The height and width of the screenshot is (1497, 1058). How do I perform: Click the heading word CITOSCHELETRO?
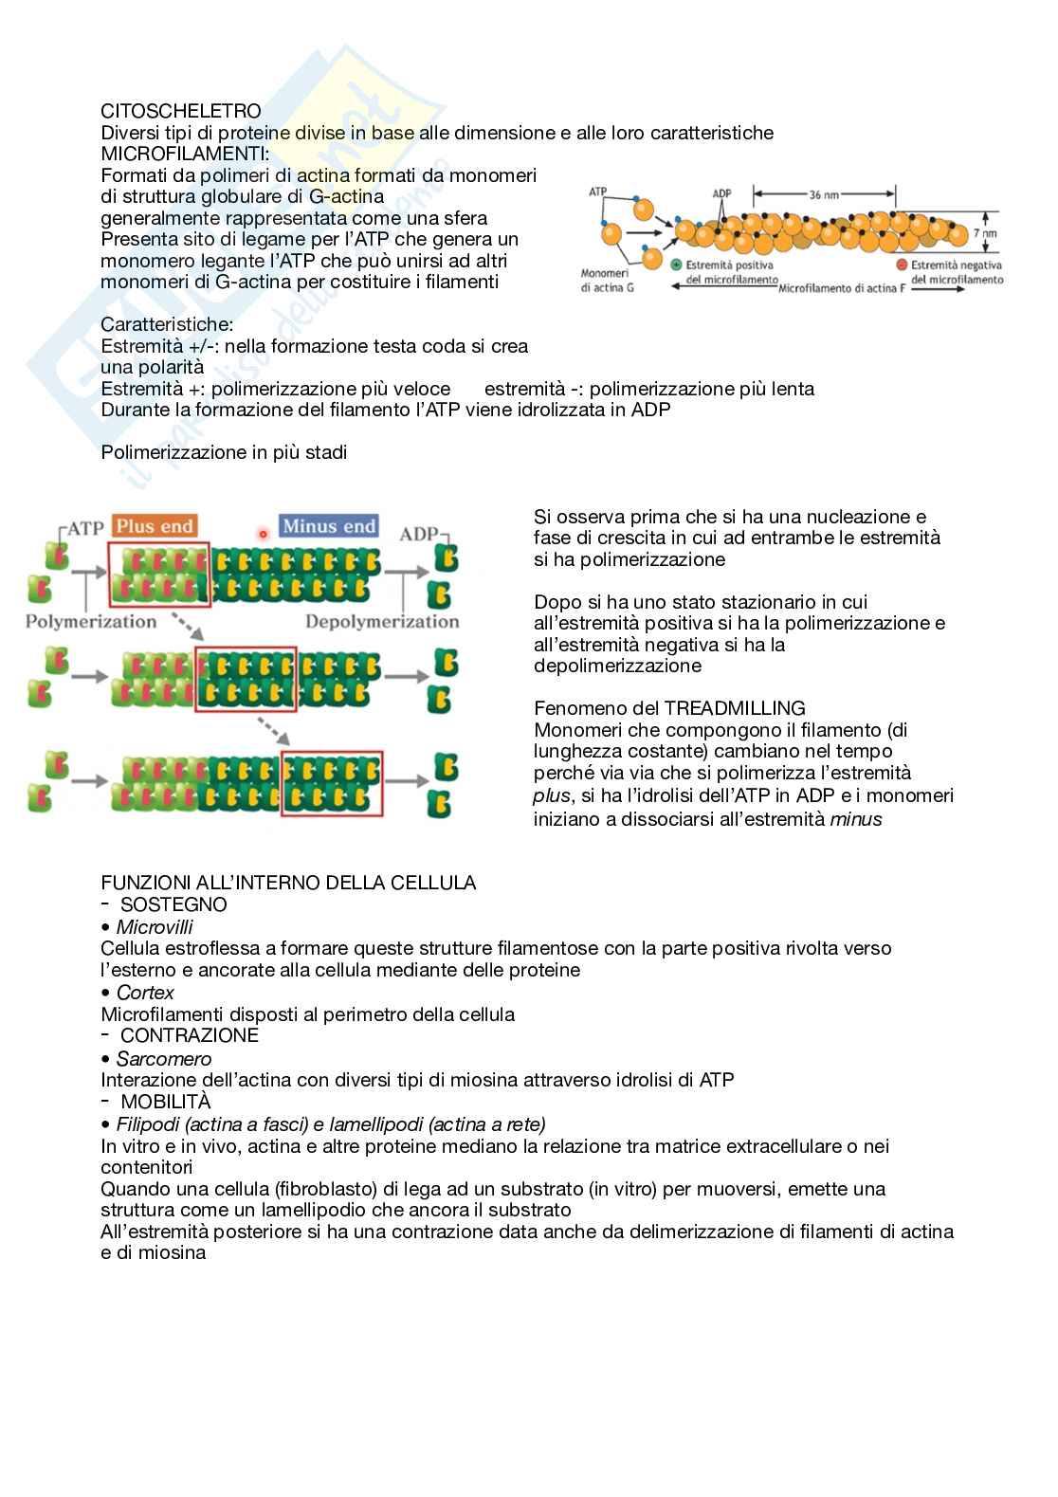point(181,112)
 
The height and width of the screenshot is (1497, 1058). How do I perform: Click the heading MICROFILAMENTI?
point(185,154)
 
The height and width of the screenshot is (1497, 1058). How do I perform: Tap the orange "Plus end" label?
point(155,526)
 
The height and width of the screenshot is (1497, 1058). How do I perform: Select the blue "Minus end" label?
point(329,526)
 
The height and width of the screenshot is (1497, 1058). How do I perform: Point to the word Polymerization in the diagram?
point(91,622)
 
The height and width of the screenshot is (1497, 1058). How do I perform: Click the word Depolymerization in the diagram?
point(382,622)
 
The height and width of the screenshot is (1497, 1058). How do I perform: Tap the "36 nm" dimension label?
point(824,194)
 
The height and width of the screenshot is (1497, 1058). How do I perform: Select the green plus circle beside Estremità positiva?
point(676,265)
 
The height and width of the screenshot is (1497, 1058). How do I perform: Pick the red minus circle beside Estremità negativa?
point(902,265)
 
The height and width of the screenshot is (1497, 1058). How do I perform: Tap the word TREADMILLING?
point(735,708)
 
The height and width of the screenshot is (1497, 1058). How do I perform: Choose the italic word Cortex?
point(145,993)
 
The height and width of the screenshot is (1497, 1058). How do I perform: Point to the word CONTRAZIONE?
point(190,1035)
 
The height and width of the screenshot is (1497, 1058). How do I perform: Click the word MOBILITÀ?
point(166,1102)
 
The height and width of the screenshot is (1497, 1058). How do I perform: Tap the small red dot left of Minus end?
point(263,534)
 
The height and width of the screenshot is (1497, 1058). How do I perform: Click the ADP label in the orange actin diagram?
point(721,193)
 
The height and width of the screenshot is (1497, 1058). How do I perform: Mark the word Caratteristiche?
point(167,325)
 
